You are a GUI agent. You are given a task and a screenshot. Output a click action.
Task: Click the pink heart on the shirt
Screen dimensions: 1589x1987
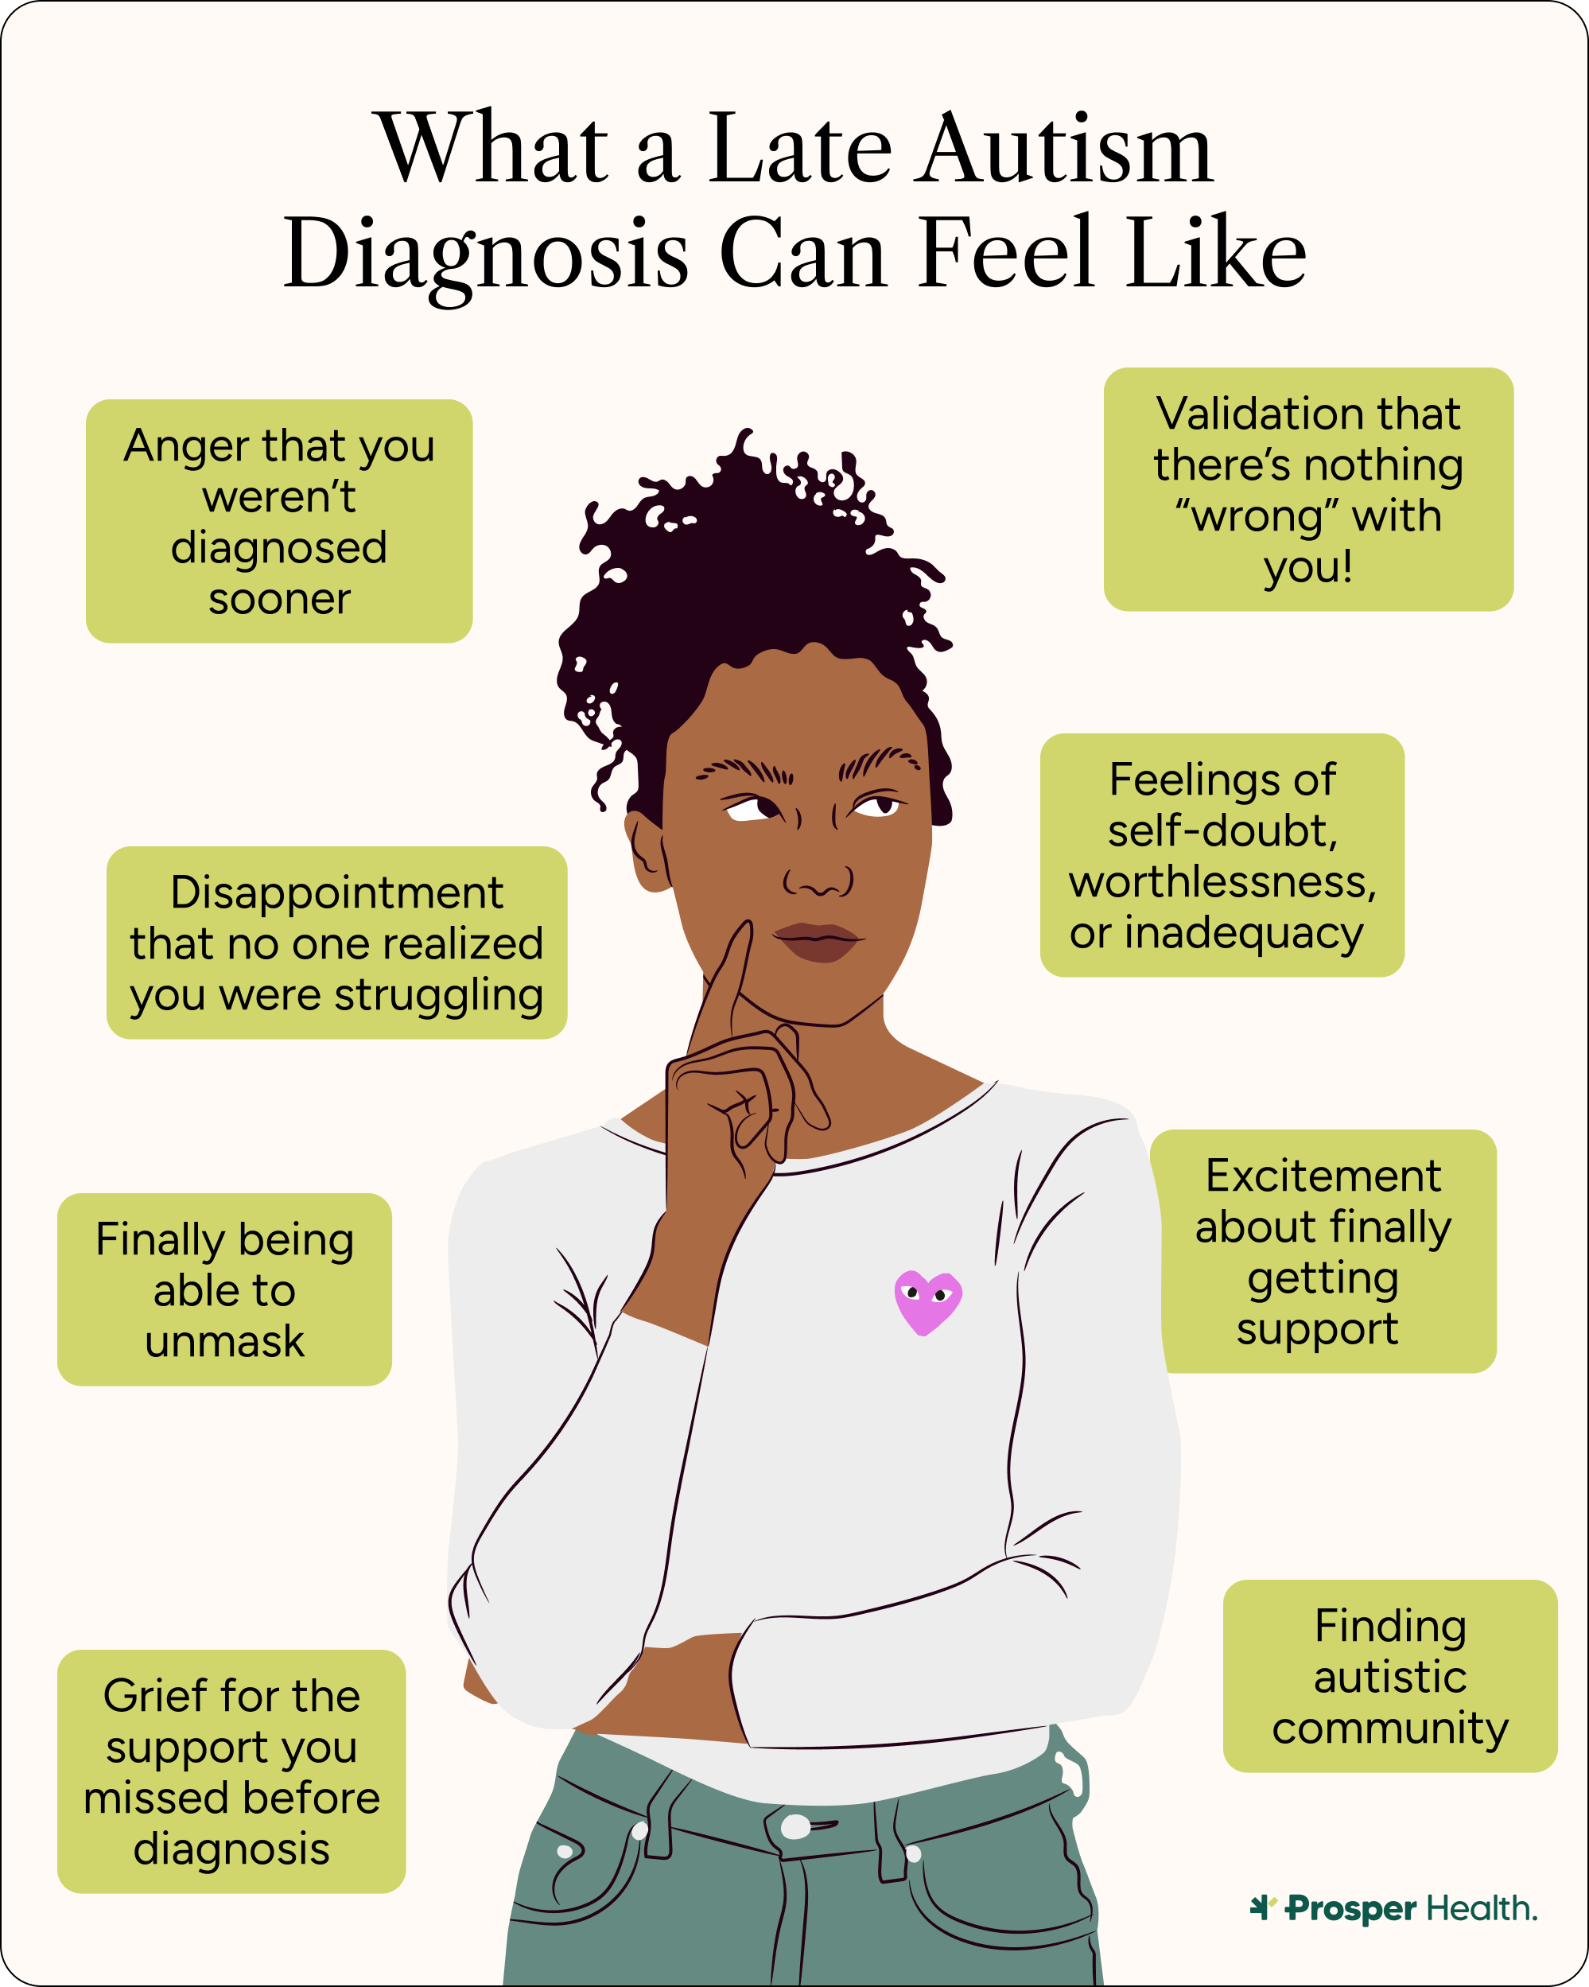[x=927, y=1301]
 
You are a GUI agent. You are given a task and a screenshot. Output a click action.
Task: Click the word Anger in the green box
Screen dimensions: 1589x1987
[x=185, y=446]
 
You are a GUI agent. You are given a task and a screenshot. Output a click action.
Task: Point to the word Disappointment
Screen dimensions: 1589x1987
[x=336, y=892]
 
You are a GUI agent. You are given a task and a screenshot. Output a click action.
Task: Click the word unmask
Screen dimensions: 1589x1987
[x=224, y=1341]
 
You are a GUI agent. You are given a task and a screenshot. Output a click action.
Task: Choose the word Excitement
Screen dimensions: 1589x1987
[x=1323, y=1176]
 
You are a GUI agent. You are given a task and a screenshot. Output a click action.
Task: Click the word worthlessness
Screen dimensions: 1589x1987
[x=1222, y=882]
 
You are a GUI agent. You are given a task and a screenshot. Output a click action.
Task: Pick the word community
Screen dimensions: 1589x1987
[x=1390, y=1728]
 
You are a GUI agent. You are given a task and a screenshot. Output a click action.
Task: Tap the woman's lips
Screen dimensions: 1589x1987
[x=818, y=941]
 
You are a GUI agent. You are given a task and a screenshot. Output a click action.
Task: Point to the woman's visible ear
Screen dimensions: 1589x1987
[x=647, y=848]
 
